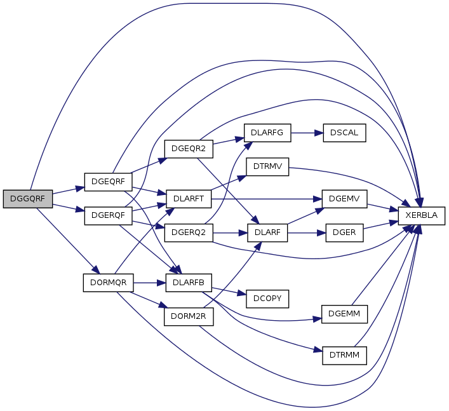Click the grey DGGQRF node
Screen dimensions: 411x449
(x=27, y=198)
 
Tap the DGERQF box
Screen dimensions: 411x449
(x=108, y=215)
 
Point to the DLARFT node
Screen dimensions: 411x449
(x=188, y=199)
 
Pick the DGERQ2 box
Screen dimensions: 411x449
(x=188, y=232)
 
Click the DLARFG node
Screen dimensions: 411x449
(x=268, y=133)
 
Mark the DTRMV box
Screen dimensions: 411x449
(x=268, y=166)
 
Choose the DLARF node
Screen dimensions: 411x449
(x=268, y=232)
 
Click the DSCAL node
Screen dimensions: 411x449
(x=344, y=133)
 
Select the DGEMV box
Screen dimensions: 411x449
(x=344, y=199)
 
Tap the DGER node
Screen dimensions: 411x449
(x=344, y=232)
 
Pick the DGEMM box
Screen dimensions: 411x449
(x=344, y=315)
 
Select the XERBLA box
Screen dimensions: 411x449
(x=421, y=216)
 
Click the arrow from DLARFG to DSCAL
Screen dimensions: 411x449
(x=306, y=133)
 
